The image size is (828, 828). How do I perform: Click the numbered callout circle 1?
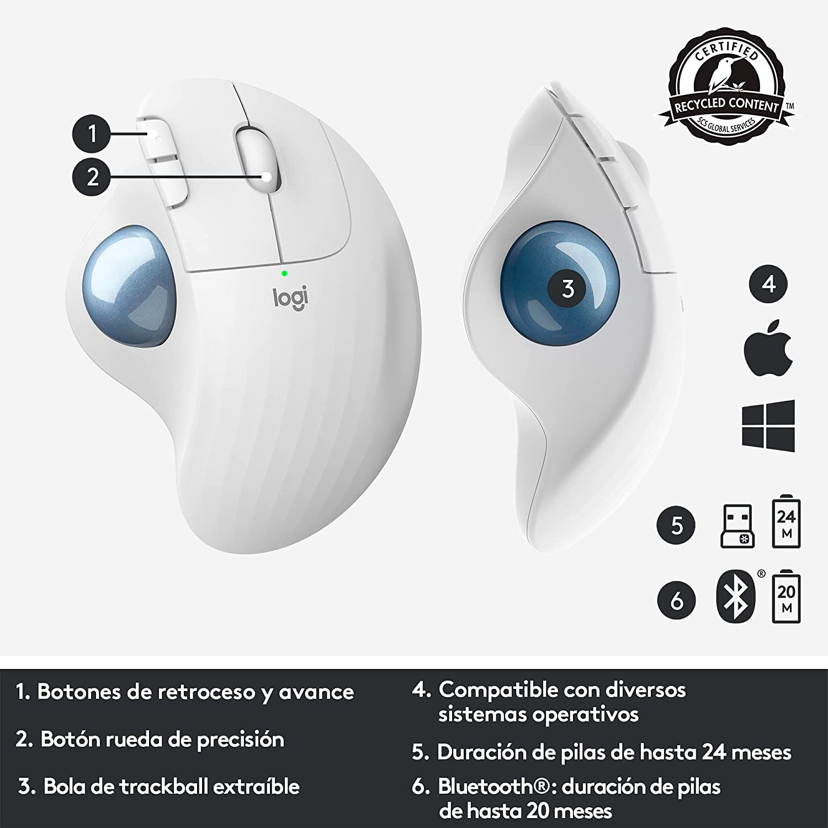(93, 133)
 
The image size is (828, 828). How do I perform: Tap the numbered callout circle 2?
(93, 177)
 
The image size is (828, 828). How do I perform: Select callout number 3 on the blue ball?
(568, 289)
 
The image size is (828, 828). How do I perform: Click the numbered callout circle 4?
(769, 284)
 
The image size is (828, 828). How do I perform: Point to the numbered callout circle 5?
(677, 525)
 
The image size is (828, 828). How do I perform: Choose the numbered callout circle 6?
(677, 601)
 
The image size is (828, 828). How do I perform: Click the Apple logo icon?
(768, 348)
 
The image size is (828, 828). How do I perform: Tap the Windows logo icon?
(768, 426)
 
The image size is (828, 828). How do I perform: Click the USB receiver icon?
(737, 526)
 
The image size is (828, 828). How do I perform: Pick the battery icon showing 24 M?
(786, 523)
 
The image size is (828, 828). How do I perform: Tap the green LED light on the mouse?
(284, 273)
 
